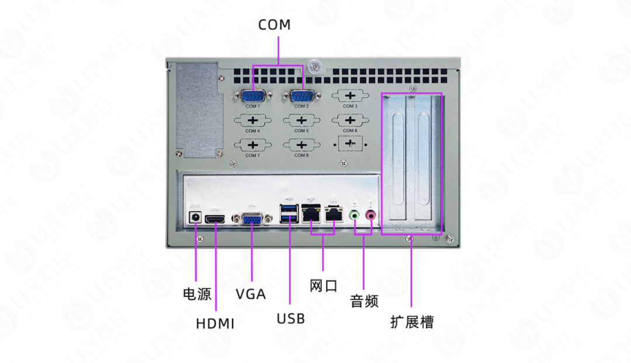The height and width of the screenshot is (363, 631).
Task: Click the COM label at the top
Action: click(x=274, y=25)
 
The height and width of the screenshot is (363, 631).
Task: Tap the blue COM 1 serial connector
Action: click(x=252, y=96)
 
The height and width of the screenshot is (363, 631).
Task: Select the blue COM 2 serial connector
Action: click(x=301, y=96)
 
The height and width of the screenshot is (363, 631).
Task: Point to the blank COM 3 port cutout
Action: click(x=349, y=96)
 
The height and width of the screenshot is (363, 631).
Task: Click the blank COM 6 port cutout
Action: click(x=349, y=120)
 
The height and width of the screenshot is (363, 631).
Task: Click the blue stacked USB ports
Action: click(x=289, y=214)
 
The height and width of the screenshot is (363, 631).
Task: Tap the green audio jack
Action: click(x=354, y=216)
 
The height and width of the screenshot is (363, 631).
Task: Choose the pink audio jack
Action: click(x=370, y=216)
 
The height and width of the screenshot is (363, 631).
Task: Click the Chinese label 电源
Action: click(x=197, y=293)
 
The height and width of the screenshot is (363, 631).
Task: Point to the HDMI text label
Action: click(x=215, y=323)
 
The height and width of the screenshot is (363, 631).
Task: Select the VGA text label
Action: click(x=251, y=293)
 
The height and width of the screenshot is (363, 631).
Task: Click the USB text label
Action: click(x=290, y=319)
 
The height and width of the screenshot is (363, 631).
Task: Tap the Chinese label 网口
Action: click(x=323, y=286)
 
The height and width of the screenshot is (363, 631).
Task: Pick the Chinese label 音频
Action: click(x=364, y=302)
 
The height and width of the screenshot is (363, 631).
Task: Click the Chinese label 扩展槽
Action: click(x=412, y=321)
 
